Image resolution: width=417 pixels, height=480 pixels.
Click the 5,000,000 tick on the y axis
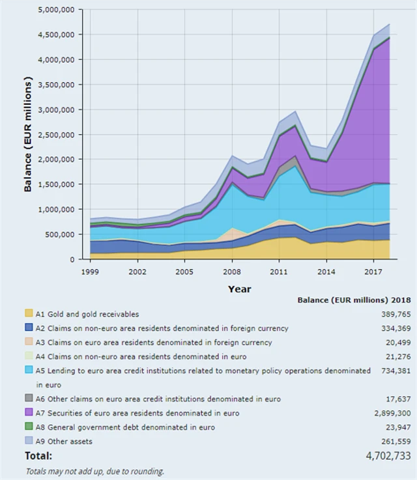tap(57, 10)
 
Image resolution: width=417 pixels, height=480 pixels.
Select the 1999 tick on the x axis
tap(90, 270)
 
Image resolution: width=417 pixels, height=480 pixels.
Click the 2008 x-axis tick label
tap(232, 270)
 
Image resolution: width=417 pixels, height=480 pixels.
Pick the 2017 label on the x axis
tap(373, 270)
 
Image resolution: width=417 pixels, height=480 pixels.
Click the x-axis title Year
tap(239, 289)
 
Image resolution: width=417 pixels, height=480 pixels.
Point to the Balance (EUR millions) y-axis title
tap(28, 134)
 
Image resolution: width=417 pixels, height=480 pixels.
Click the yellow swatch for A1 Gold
tap(29, 314)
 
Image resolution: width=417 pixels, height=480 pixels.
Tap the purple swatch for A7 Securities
tap(29, 413)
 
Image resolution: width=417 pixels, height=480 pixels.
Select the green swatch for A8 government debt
tap(29, 427)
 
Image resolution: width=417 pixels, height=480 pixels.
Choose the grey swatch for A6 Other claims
tap(29, 399)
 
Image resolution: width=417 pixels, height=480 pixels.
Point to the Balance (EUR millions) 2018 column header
tap(354, 300)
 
